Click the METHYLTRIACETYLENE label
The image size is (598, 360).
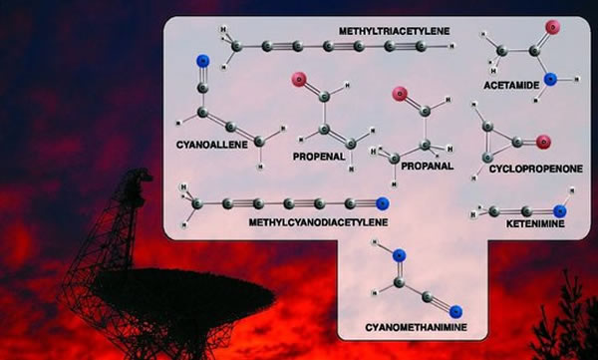coord(394,32)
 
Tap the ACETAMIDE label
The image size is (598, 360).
coord(511,86)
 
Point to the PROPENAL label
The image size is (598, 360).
coord(318,157)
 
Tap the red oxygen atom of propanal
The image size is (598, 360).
coord(400,96)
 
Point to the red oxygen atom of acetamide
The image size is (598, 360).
coord(551,28)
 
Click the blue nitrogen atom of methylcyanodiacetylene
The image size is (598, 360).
coord(382,204)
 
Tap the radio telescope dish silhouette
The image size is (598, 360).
coord(149,299)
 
